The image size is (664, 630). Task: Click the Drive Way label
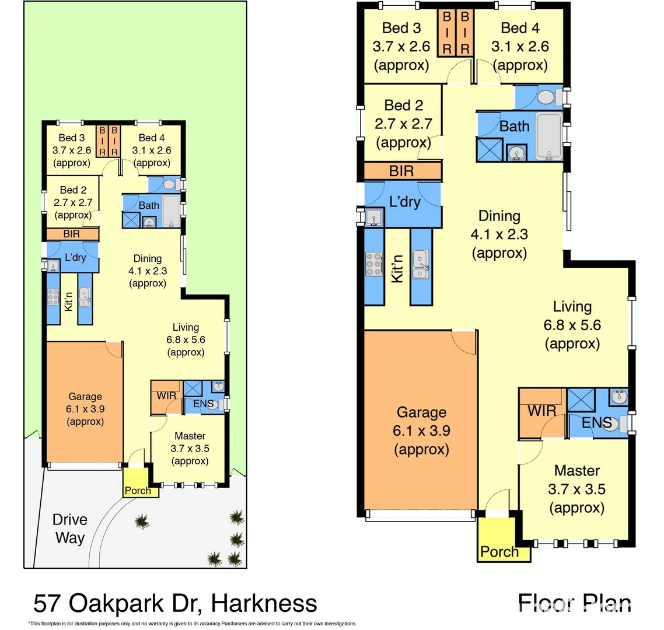pos(69,528)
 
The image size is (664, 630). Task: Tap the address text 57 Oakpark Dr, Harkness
pos(175,603)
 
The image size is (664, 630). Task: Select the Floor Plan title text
pos(574,603)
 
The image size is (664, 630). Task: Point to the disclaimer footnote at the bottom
pos(192,624)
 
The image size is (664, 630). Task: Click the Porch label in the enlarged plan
pos(499,551)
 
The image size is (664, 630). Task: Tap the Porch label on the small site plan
pos(138,491)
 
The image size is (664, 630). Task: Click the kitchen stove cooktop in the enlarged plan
pos(373,264)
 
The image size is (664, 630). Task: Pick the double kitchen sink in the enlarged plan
pos(420,264)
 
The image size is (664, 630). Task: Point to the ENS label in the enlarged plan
pos(596,422)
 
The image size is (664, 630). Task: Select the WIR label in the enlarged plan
pos(541,411)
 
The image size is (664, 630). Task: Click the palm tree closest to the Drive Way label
pos(141,520)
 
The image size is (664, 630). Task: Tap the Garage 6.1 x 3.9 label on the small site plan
pos(85,409)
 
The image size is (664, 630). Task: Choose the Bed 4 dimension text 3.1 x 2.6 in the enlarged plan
pos(520,46)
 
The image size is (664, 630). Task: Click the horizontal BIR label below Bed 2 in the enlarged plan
pos(401,171)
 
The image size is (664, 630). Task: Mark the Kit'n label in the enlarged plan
pos(397,269)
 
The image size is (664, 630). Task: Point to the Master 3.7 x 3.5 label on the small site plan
pos(190,449)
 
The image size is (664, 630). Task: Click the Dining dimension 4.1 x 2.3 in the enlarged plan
pos(499,235)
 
